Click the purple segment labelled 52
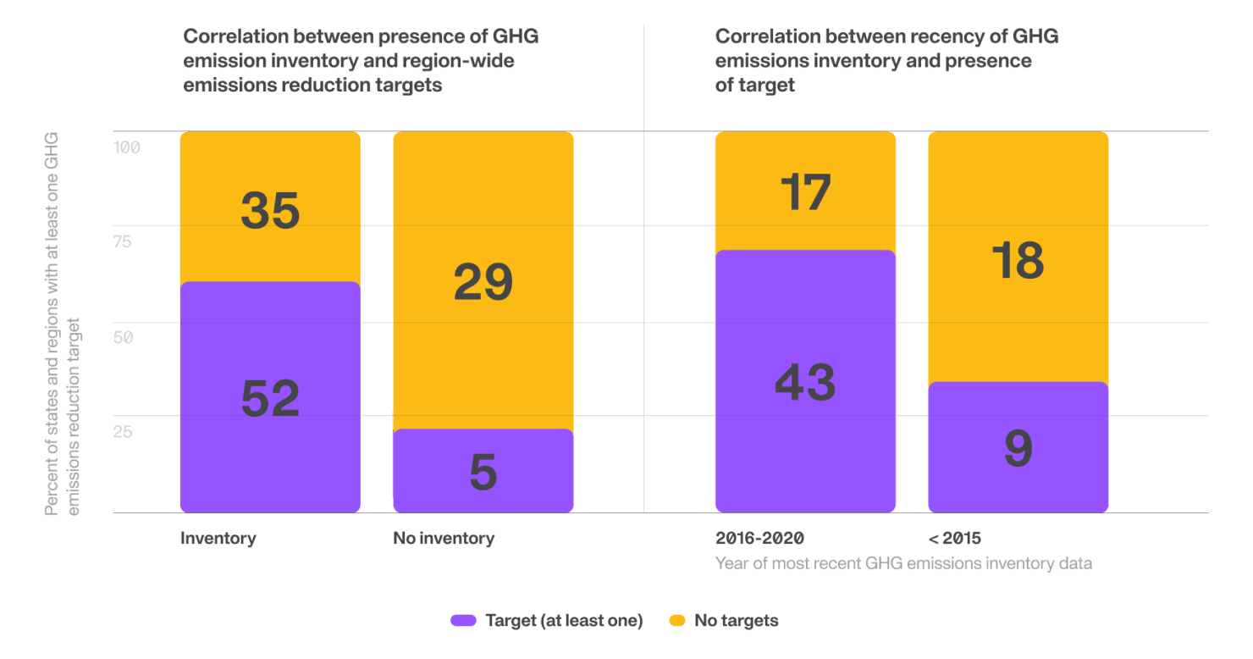click(270, 397)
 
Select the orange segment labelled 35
click(270, 207)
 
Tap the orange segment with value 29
click(483, 280)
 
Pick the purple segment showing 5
click(483, 471)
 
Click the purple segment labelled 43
click(805, 381)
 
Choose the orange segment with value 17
click(805, 191)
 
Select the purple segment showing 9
click(1018, 447)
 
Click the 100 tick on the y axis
click(127, 147)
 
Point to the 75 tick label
click(123, 241)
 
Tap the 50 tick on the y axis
click(123, 337)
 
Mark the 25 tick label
click(123, 432)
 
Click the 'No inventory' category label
click(444, 539)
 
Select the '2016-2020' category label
click(759, 539)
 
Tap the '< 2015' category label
click(954, 539)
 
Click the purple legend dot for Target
click(461, 621)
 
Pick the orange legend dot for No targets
click(676, 621)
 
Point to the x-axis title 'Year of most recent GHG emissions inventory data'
click(903, 563)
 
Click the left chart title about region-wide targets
click(362, 61)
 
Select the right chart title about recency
click(886, 61)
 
